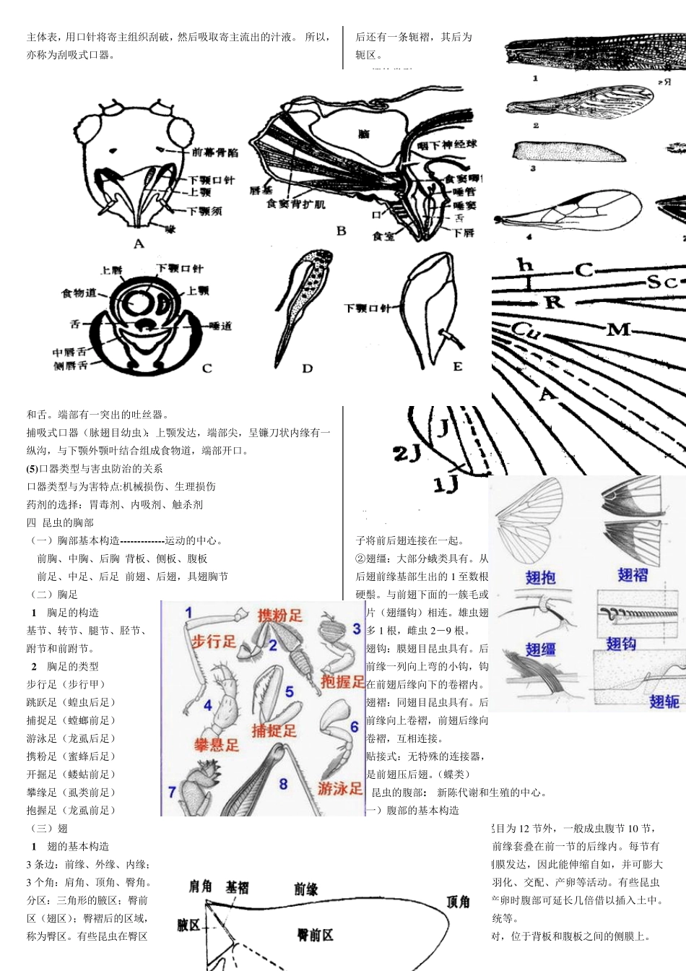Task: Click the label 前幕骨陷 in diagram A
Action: click(x=214, y=152)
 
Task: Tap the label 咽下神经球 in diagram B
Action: click(x=447, y=144)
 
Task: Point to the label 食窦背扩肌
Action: click(x=295, y=204)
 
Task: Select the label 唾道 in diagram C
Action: click(x=220, y=326)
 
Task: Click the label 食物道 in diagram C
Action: click(x=79, y=293)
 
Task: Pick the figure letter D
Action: click(x=308, y=368)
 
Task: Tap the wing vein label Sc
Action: click(x=661, y=281)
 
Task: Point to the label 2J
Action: click(x=407, y=454)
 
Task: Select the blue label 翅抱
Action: click(x=540, y=577)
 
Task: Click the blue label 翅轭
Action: click(x=664, y=701)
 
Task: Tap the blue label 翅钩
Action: click(x=620, y=644)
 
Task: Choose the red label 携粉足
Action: click(x=280, y=616)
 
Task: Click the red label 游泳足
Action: click(x=340, y=788)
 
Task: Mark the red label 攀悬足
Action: click(x=216, y=745)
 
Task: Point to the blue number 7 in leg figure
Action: click(x=172, y=793)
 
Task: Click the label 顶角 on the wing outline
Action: click(x=458, y=902)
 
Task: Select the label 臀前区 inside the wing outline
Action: click(x=315, y=935)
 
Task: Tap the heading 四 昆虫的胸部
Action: click(x=60, y=522)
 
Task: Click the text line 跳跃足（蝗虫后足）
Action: click(x=71, y=702)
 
